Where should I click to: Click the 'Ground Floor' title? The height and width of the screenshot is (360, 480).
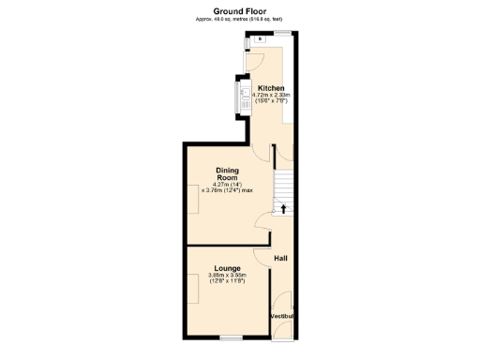(x=240, y=10)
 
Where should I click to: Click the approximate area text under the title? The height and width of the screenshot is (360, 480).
(x=240, y=20)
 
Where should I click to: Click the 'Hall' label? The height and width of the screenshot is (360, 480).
(x=280, y=258)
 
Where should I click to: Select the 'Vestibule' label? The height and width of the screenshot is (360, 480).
(x=282, y=317)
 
